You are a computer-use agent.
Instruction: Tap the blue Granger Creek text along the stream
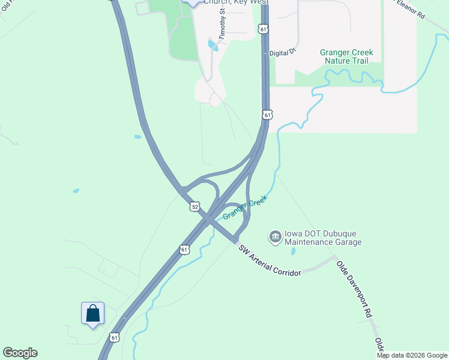pyautogui.click(x=244, y=207)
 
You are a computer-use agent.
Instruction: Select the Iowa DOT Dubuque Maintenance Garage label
pyautogui.click(x=323, y=238)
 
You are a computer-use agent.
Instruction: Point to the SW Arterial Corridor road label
pyautogui.click(x=270, y=260)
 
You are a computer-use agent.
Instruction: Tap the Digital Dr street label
pyautogui.click(x=283, y=53)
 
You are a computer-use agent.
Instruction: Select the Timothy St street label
pyautogui.click(x=222, y=24)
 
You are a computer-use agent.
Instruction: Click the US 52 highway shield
pyautogui.click(x=194, y=206)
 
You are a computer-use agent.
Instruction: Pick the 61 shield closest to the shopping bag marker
pyautogui.click(x=114, y=337)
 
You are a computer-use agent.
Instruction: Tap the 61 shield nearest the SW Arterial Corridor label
pyautogui.click(x=184, y=248)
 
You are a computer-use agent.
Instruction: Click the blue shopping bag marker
pyautogui.click(x=92, y=314)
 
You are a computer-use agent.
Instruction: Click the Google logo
pyautogui.click(x=20, y=353)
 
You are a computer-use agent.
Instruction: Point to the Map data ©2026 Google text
pyautogui.click(x=412, y=355)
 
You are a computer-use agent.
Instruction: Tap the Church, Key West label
pyautogui.click(x=235, y=2)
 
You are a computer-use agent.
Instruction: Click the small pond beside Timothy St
pyautogui.click(x=212, y=44)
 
